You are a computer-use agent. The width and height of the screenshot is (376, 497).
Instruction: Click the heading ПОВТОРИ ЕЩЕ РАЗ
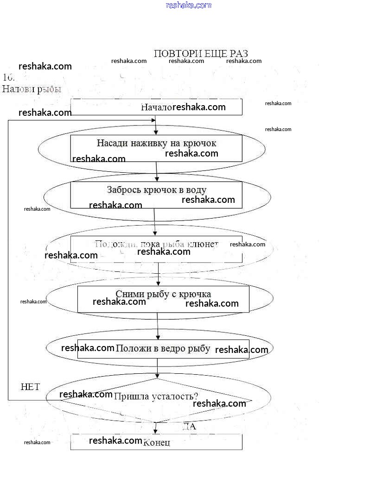[200, 53]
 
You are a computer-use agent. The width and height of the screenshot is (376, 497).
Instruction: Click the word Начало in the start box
[156, 107]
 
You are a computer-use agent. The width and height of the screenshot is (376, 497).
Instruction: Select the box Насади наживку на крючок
[156, 148]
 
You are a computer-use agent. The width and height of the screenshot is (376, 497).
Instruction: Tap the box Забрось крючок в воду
[156, 195]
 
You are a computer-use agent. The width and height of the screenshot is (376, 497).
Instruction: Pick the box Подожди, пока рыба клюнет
[156, 249]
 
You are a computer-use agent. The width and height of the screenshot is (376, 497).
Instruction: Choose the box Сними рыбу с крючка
[163, 299]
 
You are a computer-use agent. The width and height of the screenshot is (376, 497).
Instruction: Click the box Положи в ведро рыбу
[163, 349]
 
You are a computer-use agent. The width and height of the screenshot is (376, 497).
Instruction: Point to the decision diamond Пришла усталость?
[156, 400]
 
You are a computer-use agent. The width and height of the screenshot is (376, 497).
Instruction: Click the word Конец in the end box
[157, 442]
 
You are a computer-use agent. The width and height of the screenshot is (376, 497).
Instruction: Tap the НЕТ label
[31, 387]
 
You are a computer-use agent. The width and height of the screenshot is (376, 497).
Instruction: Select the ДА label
[189, 427]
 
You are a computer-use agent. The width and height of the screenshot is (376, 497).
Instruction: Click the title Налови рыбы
[32, 89]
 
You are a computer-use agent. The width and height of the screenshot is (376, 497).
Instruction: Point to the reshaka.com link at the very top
[188, 5]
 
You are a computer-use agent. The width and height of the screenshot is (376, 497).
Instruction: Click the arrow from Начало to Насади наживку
[156, 125]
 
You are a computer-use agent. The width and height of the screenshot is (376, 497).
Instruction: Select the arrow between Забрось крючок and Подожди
[154, 222]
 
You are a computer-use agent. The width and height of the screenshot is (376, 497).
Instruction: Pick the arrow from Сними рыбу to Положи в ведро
[158, 326]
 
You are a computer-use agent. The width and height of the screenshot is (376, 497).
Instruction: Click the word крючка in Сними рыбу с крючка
[197, 294]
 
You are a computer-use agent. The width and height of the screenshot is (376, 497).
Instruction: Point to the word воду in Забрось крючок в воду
[197, 189]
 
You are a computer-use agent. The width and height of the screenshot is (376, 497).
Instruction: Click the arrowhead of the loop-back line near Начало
[153, 120]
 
